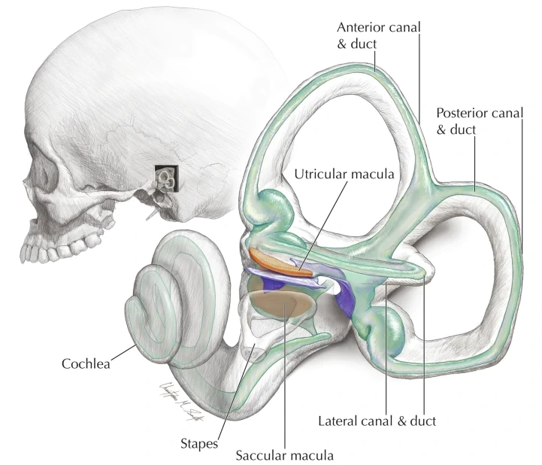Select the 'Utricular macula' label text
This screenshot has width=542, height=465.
(344, 174)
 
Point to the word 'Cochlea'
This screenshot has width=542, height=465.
(86, 364)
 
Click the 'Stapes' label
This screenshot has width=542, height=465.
(203, 443)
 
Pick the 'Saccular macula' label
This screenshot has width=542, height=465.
(284, 454)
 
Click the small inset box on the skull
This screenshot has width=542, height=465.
(166, 178)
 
